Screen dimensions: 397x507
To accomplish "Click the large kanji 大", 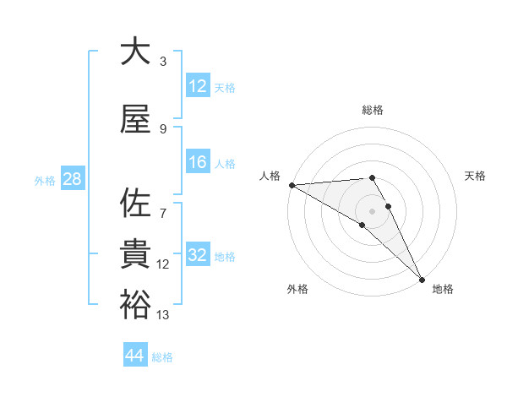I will point(135,52).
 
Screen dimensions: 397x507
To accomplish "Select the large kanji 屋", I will point(135,121).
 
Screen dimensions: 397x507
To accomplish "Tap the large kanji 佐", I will point(135,204).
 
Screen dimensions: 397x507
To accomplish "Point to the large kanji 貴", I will point(135,254).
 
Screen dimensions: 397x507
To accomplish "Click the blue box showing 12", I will point(198,86).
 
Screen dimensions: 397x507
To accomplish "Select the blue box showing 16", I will point(198,163).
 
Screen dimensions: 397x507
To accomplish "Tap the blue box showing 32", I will point(198,256).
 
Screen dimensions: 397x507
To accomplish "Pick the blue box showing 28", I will point(72,179).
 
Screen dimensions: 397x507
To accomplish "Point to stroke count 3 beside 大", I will point(162,61).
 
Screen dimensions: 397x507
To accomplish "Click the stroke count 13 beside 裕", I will point(163,315).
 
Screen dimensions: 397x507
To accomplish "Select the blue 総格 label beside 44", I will point(162,357).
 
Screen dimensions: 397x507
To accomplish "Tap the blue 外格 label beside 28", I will point(44,180).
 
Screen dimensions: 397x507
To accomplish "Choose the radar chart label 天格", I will point(475,176).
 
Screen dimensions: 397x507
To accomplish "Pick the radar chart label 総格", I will point(373,110).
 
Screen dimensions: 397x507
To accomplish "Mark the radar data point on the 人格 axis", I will point(292,185).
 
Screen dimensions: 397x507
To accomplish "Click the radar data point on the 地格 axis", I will point(422,279).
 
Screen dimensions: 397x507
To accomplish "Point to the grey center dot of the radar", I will point(372,210).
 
